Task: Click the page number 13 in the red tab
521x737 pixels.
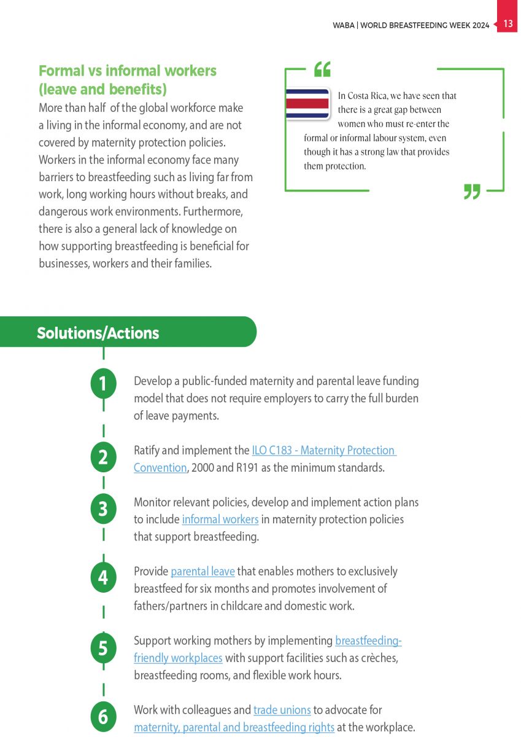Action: pyautogui.click(x=508, y=24)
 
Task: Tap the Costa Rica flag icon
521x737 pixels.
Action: pyautogui.click(x=307, y=103)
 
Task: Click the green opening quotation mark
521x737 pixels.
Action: pyautogui.click(x=322, y=69)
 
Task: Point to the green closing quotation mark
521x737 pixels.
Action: pyautogui.click(x=471, y=192)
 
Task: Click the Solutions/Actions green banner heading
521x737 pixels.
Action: pyautogui.click(x=98, y=333)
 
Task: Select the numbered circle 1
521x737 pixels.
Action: pyautogui.click(x=103, y=384)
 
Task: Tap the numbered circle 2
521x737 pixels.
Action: pyautogui.click(x=103, y=458)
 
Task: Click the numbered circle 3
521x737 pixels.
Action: pyautogui.click(x=103, y=509)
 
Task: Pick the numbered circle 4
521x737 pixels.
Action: pyautogui.click(x=103, y=579)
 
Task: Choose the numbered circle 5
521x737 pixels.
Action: pyautogui.click(x=103, y=648)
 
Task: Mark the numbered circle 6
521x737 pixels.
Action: pyautogui.click(x=103, y=717)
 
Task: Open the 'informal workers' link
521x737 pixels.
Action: pyautogui.click(x=220, y=520)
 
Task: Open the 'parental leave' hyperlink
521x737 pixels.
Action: pyautogui.click(x=203, y=572)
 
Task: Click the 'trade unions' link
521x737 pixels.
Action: pyautogui.click(x=282, y=710)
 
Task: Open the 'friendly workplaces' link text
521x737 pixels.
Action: pyautogui.click(x=178, y=658)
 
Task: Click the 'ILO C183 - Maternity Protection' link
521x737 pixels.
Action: pyautogui.click(x=324, y=450)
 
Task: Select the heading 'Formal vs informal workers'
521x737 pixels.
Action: pyautogui.click(x=128, y=71)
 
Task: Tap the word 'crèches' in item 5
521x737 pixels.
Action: pyautogui.click(x=380, y=658)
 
